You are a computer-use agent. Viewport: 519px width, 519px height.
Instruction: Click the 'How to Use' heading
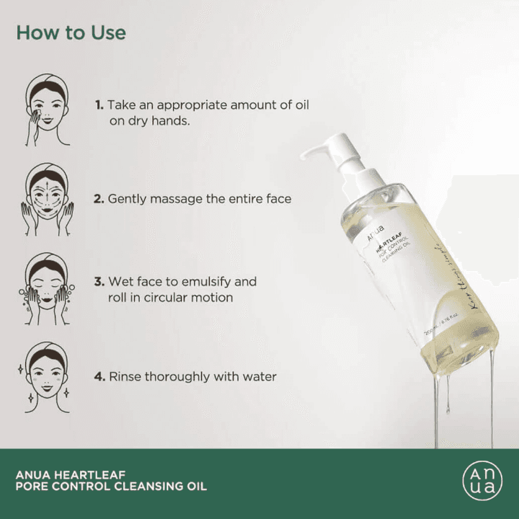(x=71, y=33)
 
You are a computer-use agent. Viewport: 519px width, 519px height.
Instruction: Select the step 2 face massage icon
(x=47, y=199)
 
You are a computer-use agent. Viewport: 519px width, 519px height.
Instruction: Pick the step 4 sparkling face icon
(x=47, y=376)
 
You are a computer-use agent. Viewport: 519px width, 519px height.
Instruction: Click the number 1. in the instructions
(x=99, y=105)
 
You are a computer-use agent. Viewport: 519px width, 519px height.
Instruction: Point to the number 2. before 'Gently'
(x=99, y=198)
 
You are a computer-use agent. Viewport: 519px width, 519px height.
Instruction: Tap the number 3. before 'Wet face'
(x=99, y=282)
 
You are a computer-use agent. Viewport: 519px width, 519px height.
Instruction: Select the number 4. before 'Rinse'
(x=99, y=376)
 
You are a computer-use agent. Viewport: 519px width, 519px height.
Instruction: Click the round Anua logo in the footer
(x=480, y=479)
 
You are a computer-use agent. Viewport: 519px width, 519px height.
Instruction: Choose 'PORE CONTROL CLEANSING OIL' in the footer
(x=111, y=487)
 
